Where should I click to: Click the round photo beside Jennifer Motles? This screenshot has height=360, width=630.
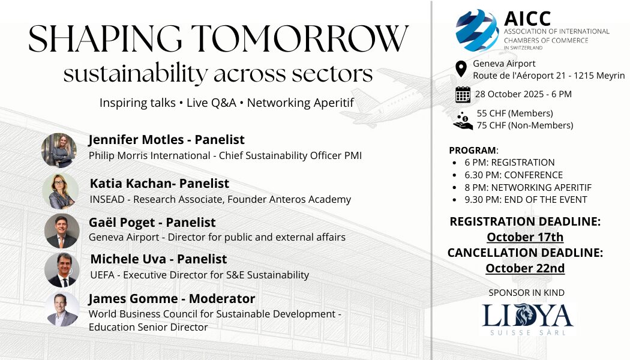point(59,151)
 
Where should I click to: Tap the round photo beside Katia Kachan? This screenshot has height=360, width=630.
point(60,191)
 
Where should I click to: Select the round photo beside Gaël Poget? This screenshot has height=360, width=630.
point(62,231)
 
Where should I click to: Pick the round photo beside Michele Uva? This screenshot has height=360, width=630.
point(62,270)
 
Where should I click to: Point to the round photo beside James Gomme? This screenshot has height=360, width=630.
point(62,309)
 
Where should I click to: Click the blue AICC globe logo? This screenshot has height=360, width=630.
point(477,31)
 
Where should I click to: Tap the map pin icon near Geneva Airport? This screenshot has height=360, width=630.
point(461,69)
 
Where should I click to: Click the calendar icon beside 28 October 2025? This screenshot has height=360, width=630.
point(463,94)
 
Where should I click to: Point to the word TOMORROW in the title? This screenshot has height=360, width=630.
point(300,38)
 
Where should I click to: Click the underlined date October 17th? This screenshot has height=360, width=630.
point(525,237)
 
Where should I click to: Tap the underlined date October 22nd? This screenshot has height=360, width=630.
point(525,268)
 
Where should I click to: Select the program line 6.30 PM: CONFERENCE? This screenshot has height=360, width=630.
point(514,175)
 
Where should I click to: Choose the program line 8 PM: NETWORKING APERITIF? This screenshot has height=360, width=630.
point(528,188)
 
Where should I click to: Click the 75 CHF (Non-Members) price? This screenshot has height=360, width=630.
point(525,125)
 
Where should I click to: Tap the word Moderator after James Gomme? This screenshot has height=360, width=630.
point(222,299)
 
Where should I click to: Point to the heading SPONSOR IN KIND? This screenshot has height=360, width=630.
point(526,293)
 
